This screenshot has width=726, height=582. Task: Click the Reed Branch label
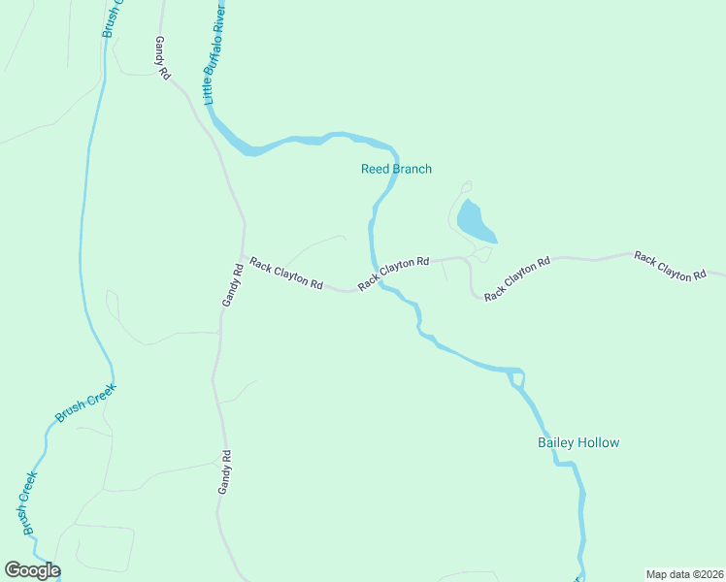pos(396,169)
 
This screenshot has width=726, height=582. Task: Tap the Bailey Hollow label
pos(578,443)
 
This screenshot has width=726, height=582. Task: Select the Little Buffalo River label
pos(215,53)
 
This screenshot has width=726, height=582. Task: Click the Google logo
pos(32,570)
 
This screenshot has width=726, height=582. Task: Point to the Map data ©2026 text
pos(684,573)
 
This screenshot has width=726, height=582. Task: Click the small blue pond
pos(476,222)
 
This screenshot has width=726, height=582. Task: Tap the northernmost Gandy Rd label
pos(162,58)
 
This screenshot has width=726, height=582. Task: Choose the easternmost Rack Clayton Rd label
pos(670,267)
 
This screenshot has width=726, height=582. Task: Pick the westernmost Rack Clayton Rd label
pos(285,273)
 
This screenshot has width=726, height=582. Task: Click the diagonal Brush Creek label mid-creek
pos(85,403)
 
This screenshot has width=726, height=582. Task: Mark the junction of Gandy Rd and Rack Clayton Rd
pos(243,258)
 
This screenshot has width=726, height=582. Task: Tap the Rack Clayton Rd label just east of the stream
pos(393,274)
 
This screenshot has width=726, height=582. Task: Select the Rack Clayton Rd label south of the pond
pos(517,278)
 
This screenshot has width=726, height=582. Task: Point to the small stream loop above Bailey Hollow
pos(517,377)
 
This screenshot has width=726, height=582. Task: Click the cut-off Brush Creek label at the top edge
pos(113,17)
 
